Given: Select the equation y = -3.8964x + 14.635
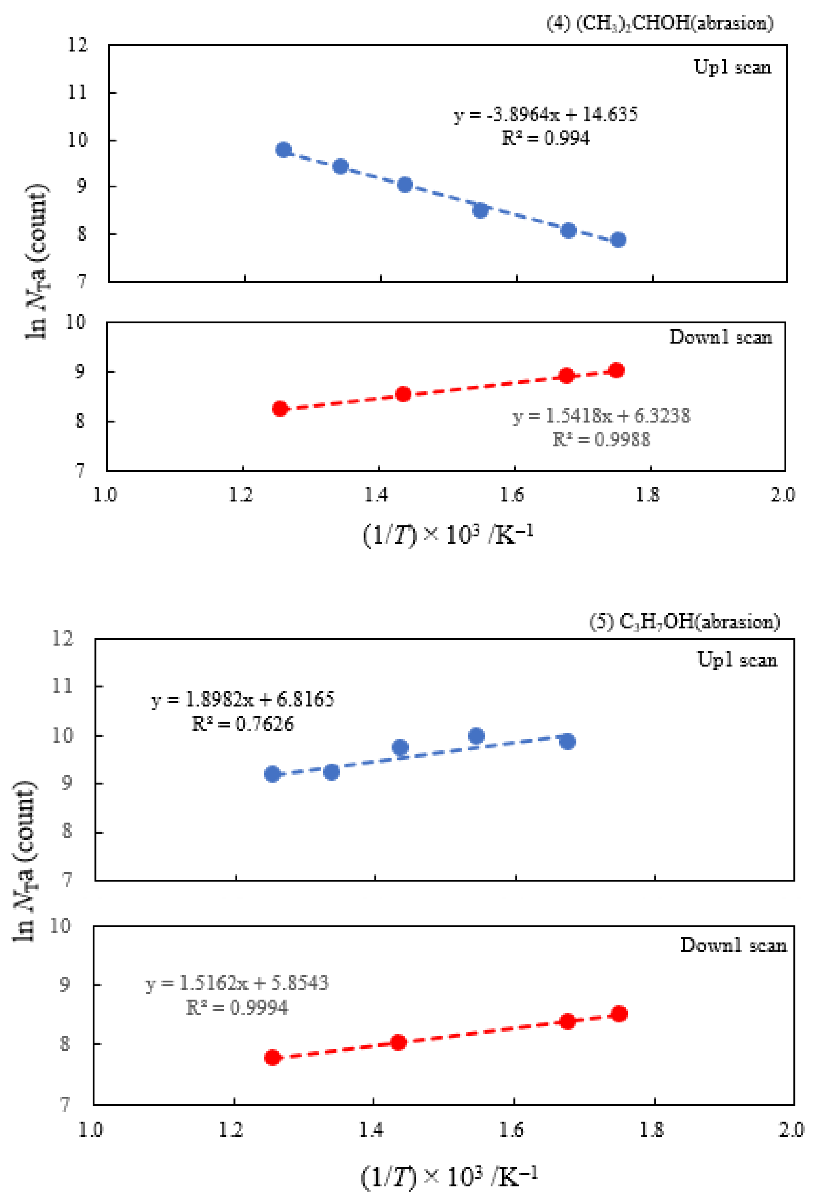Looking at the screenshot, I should pos(546,114).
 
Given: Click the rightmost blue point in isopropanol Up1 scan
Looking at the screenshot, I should pos(618,240).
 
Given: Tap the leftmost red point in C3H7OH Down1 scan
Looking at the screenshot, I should pos(273,1058).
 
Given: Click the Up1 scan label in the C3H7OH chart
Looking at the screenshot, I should pos(737,660).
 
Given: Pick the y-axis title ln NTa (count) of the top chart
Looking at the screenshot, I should pos(36,261).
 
